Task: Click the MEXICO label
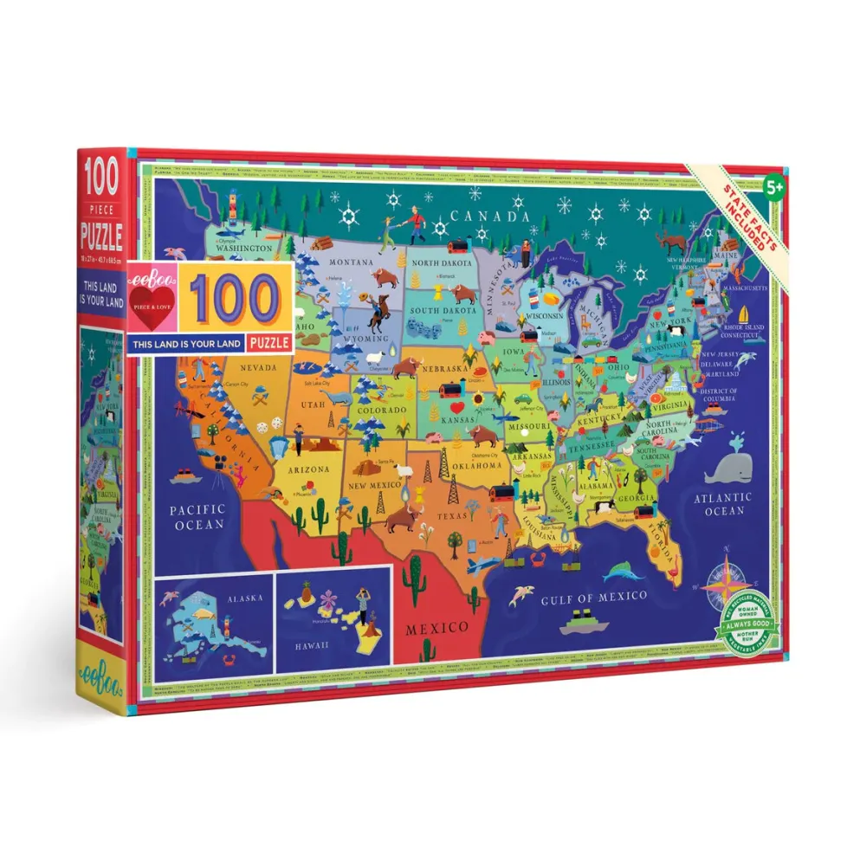click(x=437, y=626)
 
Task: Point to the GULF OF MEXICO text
click(x=594, y=597)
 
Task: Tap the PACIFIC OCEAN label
click(x=197, y=516)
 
